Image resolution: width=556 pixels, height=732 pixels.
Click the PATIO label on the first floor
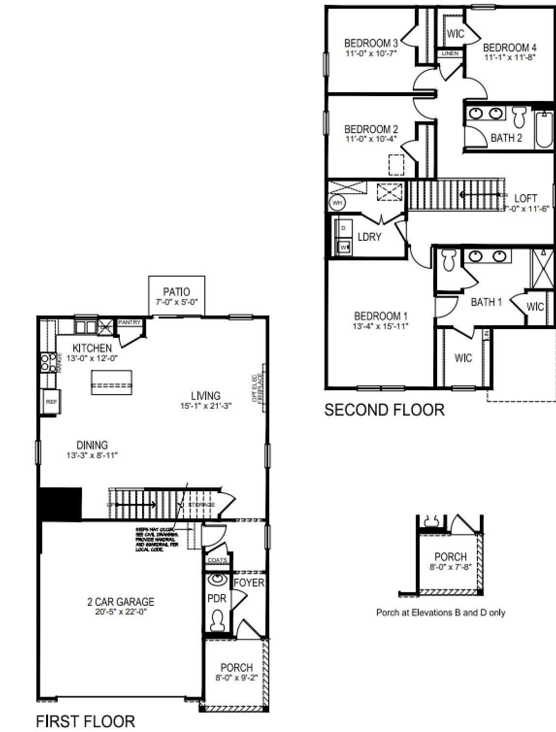point(176,292)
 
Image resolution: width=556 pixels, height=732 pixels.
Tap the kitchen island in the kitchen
point(112,383)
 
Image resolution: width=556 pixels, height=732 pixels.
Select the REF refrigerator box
point(51,402)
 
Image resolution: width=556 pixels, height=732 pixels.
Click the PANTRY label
point(130,323)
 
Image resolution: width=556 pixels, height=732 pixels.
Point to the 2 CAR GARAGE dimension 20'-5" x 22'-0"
point(121,612)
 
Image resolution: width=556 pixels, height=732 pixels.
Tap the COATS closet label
point(217,560)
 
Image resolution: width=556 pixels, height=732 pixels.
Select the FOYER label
point(249,582)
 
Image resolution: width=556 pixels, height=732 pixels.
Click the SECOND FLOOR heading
point(384,410)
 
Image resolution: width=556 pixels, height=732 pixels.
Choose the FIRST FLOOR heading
point(85,721)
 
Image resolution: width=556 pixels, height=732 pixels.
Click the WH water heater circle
point(337,202)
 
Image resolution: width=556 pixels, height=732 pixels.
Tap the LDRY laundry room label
point(369,237)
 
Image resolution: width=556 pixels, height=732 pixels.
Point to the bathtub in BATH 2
point(544,130)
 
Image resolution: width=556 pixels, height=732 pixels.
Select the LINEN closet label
point(450,53)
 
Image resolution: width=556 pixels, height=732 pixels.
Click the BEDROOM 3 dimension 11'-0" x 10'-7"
point(371,53)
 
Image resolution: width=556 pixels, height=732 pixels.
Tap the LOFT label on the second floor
point(525,198)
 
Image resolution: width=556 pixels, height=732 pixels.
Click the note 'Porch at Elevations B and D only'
point(441,613)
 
